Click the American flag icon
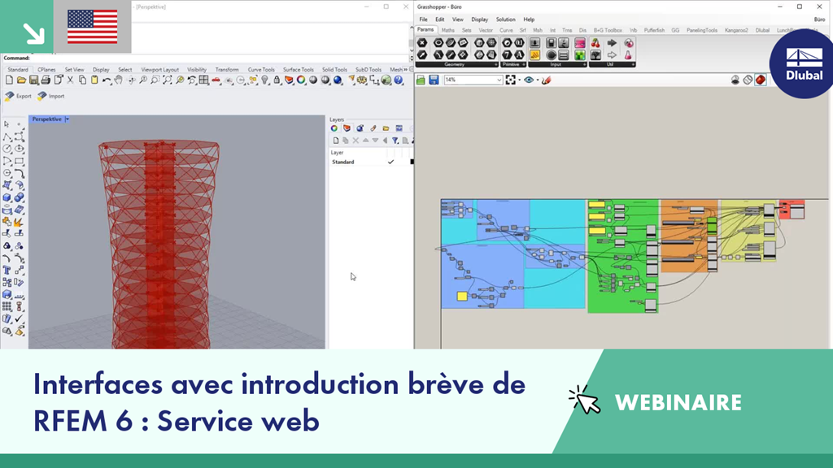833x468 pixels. (92, 26)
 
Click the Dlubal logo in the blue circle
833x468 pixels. (804, 64)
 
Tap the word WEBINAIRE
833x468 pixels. (678, 402)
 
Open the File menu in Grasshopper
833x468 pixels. (423, 19)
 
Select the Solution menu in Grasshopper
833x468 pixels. (505, 19)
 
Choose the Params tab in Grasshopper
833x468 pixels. (425, 30)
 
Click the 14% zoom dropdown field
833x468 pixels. (473, 80)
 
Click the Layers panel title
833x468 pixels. (337, 119)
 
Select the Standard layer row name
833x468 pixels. (342, 162)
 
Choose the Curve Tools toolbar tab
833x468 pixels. (261, 70)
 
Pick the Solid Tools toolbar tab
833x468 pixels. (334, 70)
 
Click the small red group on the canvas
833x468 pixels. (792, 210)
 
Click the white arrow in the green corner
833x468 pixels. (33, 32)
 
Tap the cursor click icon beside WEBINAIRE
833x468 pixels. (584, 400)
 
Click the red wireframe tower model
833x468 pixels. (159, 244)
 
